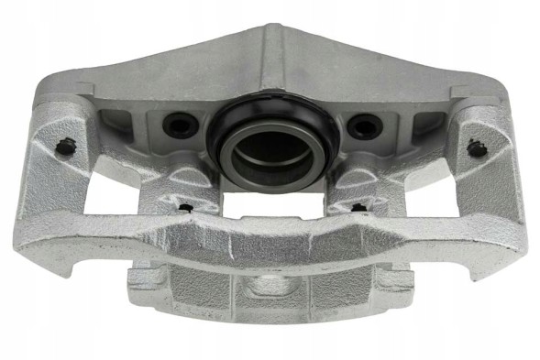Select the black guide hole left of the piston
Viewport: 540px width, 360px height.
[x=178, y=125]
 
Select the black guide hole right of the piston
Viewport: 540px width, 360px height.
[x=365, y=125]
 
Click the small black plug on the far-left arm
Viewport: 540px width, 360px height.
[x=65, y=145]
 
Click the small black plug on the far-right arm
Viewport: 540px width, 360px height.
[x=475, y=146]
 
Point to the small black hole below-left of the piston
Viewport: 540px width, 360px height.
[x=185, y=207]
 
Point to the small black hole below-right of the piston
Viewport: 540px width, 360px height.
[x=358, y=207]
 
